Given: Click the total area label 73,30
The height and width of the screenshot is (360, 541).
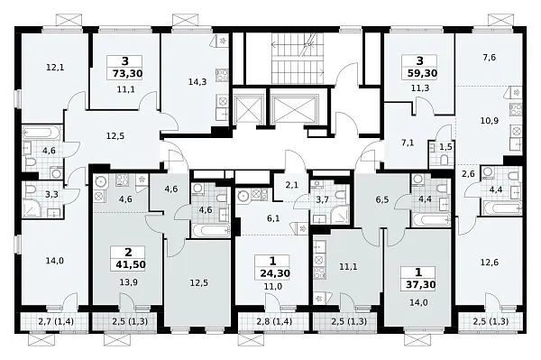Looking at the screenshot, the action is [128, 73].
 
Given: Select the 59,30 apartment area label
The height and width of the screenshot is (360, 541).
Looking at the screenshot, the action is [422, 73].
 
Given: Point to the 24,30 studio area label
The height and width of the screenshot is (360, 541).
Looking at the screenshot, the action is [275, 273].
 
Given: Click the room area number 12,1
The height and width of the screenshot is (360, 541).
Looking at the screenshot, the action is [55, 68].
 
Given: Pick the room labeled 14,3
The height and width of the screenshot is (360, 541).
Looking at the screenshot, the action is [197, 82].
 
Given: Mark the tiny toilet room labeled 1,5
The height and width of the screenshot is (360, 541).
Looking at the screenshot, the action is [445, 147].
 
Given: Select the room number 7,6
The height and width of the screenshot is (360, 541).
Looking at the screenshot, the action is [490, 58].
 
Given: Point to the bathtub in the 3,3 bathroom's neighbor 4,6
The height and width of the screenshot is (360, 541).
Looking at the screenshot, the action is [41, 133].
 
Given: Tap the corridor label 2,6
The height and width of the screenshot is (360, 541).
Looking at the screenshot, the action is [468, 174].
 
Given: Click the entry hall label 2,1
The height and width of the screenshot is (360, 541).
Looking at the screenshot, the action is [291, 185].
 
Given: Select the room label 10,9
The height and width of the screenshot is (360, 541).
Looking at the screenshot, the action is [490, 121].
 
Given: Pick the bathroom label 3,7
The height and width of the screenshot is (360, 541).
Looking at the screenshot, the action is [322, 199].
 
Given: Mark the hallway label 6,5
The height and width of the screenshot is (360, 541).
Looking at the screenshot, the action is [382, 199].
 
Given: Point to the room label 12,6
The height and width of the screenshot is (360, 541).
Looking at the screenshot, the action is [490, 263].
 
